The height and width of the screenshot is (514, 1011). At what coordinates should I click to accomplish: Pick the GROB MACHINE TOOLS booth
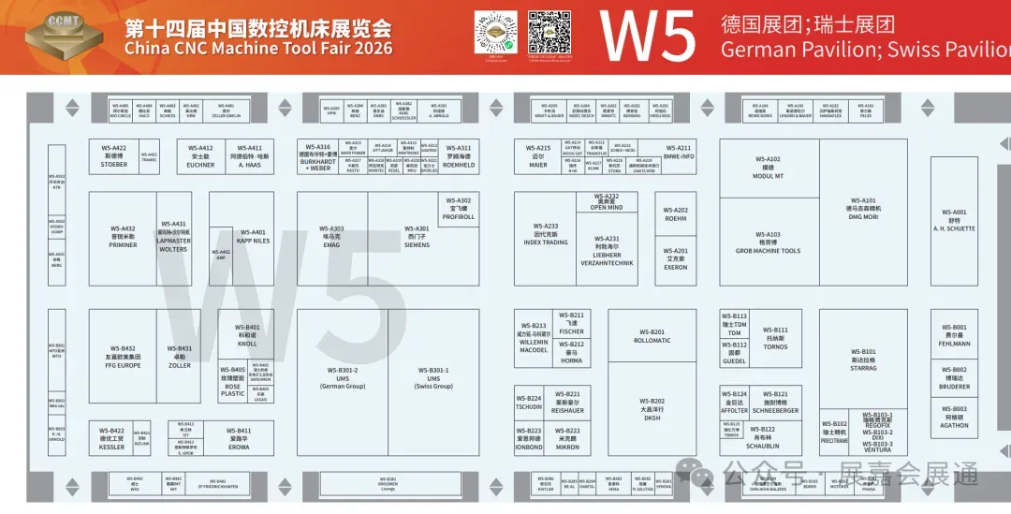click(x=768, y=243)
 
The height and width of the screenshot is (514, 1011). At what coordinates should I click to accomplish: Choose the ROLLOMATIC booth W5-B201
click(x=652, y=336)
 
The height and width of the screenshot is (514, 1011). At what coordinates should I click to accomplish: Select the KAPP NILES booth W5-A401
click(x=253, y=237)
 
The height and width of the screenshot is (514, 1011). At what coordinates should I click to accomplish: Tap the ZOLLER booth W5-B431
click(x=180, y=356)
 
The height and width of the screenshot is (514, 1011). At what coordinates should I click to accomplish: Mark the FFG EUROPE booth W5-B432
click(x=123, y=356)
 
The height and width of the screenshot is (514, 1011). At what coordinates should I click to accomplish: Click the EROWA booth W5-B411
click(x=239, y=437)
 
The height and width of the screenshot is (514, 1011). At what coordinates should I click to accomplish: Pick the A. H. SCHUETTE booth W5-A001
click(x=954, y=220)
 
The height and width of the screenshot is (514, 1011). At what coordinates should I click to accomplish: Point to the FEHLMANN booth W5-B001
click(x=954, y=335)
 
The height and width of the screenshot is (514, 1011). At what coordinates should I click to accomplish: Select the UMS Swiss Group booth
click(x=433, y=377)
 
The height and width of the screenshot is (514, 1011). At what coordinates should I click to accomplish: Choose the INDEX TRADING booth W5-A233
click(x=546, y=234)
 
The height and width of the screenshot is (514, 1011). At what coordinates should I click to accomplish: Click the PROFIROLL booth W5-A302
click(x=458, y=209)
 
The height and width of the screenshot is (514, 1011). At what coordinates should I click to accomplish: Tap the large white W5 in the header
click(x=648, y=37)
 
